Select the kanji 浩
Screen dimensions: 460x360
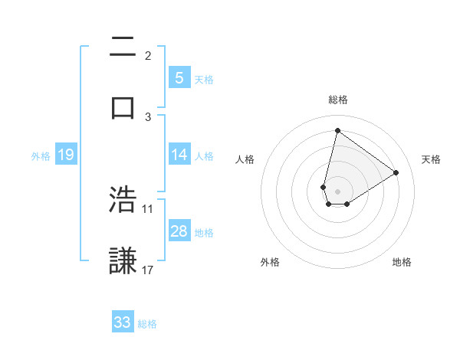click(x=123, y=200)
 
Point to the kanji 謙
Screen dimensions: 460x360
click(x=123, y=260)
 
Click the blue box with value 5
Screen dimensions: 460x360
click(x=179, y=77)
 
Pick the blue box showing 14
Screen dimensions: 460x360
click(x=179, y=155)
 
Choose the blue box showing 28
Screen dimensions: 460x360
click(x=179, y=231)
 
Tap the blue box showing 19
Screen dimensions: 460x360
click(x=65, y=155)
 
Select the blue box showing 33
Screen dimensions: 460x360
click(x=123, y=322)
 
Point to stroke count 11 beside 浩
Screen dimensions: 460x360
click(x=148, y=208)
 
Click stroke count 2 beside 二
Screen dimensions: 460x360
click(x=148, y=56)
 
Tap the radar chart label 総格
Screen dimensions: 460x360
click(x=338, y=100)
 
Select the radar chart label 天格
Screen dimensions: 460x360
click(x=431, y=159)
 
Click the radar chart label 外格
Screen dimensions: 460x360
click(x=270, y=262)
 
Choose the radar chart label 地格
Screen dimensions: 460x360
click(x=402, y=262)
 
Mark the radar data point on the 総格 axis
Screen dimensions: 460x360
click(x=337, y=130)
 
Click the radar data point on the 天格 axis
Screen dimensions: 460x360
click(x=396, y=172)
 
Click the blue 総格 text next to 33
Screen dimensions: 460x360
click(x=148, y=323)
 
